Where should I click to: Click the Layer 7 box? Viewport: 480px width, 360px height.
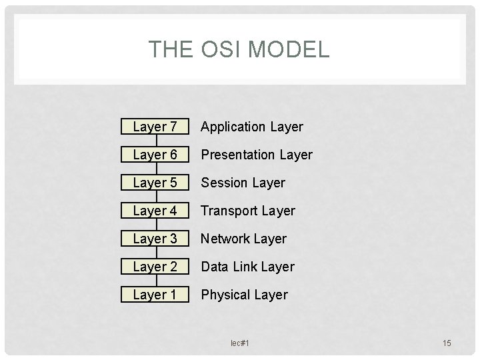point(155,127)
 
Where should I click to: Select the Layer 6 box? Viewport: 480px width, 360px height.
point(155,155)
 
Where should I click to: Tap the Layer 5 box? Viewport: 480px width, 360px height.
point(155,183)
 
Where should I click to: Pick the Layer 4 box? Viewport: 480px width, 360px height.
point(155,211)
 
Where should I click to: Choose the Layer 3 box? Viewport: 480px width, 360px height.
point(155,239)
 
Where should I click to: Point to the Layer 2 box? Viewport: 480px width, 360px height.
point(155,267)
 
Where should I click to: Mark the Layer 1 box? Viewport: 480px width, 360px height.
point(155,295)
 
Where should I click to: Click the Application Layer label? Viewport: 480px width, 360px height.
point(252,127)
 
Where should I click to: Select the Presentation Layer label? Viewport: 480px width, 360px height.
point(257,155)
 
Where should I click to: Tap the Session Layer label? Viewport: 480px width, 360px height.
point(243,183)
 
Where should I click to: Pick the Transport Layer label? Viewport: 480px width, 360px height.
point(248,211)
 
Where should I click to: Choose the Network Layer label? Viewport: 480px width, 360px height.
point(243,239)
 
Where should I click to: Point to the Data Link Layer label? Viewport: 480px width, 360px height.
point(247,267)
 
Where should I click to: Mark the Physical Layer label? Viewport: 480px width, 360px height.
point(245,295)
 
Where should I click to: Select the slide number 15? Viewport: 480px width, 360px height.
point(447,343)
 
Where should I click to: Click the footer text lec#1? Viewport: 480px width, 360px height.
point(239,343)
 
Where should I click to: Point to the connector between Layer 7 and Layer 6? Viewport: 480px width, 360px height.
point(155,141)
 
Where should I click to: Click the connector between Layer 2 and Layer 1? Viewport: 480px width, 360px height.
point(155,281)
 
